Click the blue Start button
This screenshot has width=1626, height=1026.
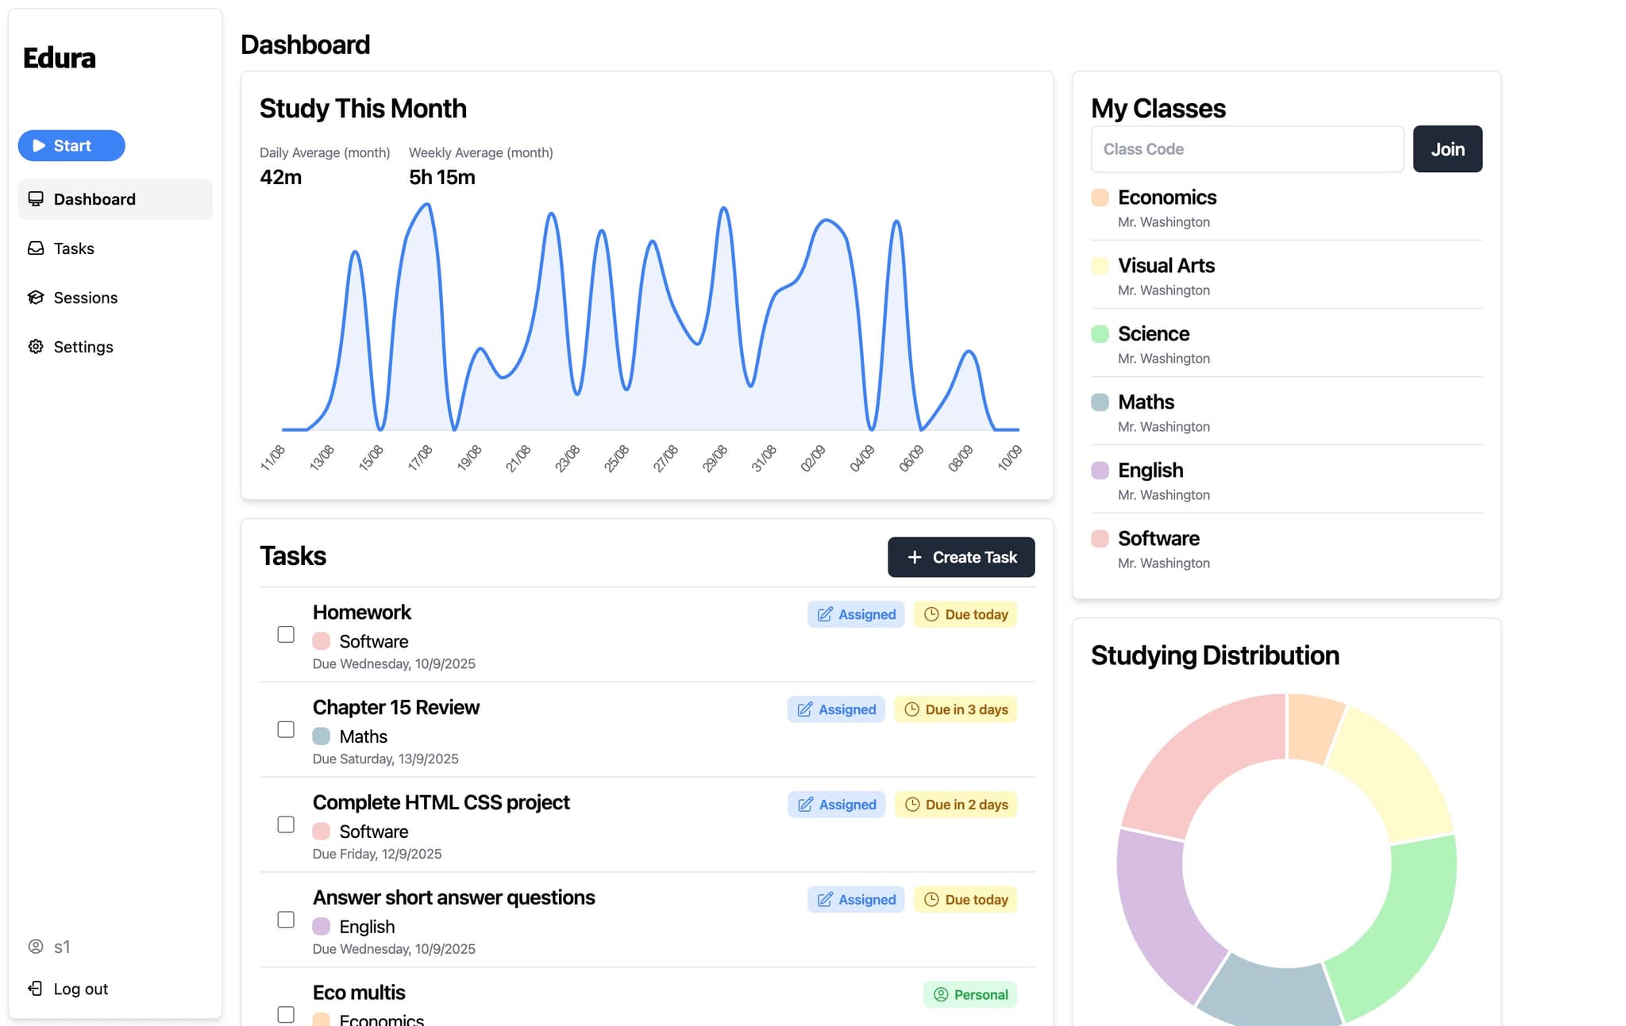tap(71, 146)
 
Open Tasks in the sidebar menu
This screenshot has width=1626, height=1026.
tap(73, 249)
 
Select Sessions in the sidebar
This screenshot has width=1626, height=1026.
tap(85, 298)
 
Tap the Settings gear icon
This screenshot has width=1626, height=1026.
tap(36, 347)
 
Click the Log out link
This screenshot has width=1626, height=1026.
tap(80, 989)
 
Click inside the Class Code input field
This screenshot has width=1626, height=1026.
tap(1246, 149)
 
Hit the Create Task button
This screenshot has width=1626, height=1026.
tap(961, 557)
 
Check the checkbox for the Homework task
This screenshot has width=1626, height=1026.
tap(286, 635)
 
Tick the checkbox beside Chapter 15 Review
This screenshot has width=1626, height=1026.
tap(286, 730)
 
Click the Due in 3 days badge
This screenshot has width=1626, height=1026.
tap(956, 709)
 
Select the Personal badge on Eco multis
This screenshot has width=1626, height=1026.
tap(970, 995)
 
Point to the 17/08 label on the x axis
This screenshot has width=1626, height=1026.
tap(420, 459)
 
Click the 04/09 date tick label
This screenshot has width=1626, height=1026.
tap(862, 459)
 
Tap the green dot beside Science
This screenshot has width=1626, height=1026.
tap(1100, 334)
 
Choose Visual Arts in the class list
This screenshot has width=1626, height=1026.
tap(1166, 266)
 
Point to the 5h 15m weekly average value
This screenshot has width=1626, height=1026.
tap(442, 178)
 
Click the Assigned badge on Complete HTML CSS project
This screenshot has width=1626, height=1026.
tap(837, 805)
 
